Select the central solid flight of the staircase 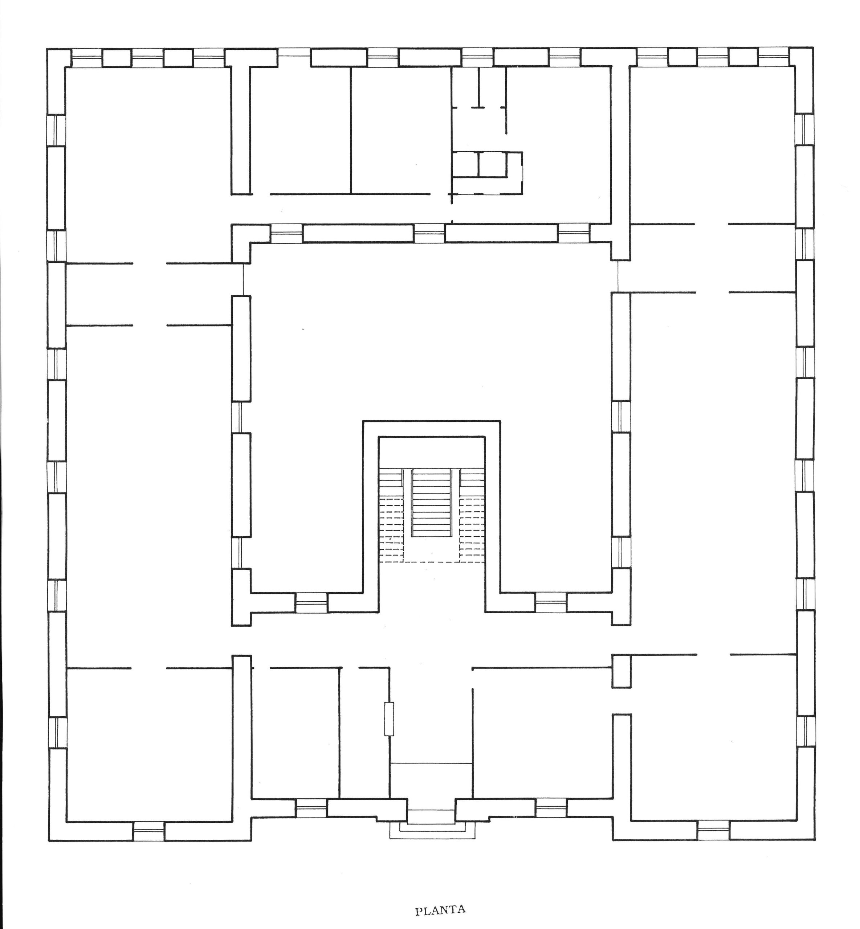[432, 503]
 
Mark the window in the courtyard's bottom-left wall [311, 602]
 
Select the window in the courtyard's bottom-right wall [551, 602]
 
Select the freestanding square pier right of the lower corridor [621, 671]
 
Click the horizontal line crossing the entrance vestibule [431, 764]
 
